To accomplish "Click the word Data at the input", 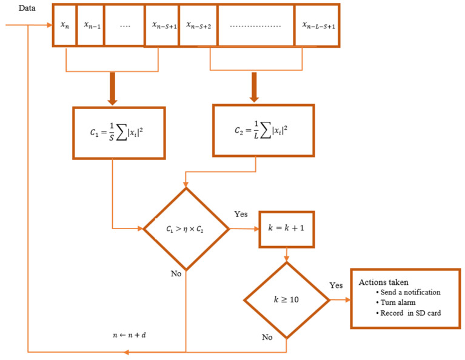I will click(x=27, y=9).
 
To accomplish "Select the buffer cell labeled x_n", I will click(x=64, y=25).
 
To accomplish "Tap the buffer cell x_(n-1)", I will click(x=90, y=25).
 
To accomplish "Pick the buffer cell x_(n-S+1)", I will click(x=162, y=25).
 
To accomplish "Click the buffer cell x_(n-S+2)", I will click(x=198, y=25).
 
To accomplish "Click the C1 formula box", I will click(x=119, y=133).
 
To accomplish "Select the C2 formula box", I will click(x=263, y=130).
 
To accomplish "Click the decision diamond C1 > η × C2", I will click(x=186, y=229).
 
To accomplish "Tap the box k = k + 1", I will click(x=287, y=230).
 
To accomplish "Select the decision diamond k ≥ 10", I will click(x=286, y=299).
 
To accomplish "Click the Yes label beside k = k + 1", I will click(x=241, y=214).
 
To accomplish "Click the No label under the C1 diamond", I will click(x=175, y=274).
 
